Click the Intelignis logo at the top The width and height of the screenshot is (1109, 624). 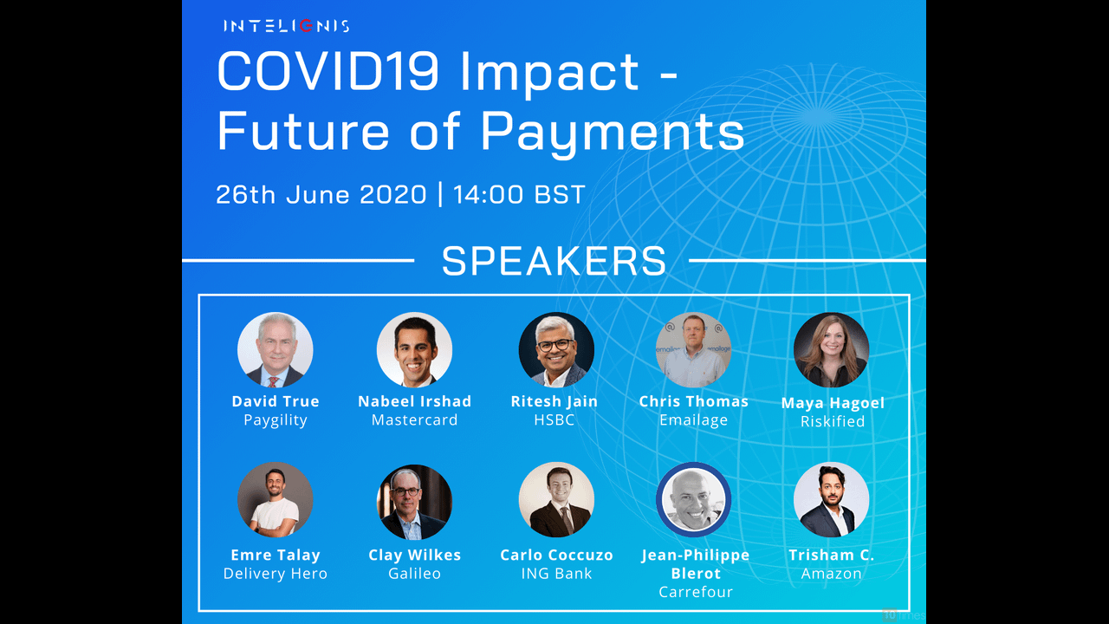pos(287,26)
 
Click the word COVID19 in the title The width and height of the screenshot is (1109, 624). pos(328,72)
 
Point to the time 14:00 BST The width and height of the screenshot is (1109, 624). pos(519,194)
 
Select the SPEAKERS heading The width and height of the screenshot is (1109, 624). pos(554,261)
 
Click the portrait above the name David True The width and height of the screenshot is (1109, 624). pos(276,349)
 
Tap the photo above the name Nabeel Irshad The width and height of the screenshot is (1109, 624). pos(414,349)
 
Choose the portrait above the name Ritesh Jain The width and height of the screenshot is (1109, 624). pos(556,349)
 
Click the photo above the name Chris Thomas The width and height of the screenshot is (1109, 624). pos(694,349)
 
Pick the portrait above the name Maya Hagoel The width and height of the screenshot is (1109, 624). pos(831,349)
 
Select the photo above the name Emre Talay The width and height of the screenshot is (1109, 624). pos(276,500)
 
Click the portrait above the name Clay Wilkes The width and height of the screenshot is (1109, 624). pos(414,502)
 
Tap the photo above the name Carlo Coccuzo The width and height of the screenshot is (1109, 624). pos(556,500)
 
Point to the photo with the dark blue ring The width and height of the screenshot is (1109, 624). pos(694,500)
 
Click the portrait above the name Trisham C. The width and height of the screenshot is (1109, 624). pos(831,500)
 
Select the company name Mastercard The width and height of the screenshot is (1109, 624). pos(414,420)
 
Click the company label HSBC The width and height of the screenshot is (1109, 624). pos(554,420)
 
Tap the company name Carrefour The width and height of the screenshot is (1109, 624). pos(696,592)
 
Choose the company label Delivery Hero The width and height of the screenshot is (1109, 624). pos(276,574)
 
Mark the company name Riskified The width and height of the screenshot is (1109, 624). pos(833,421)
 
